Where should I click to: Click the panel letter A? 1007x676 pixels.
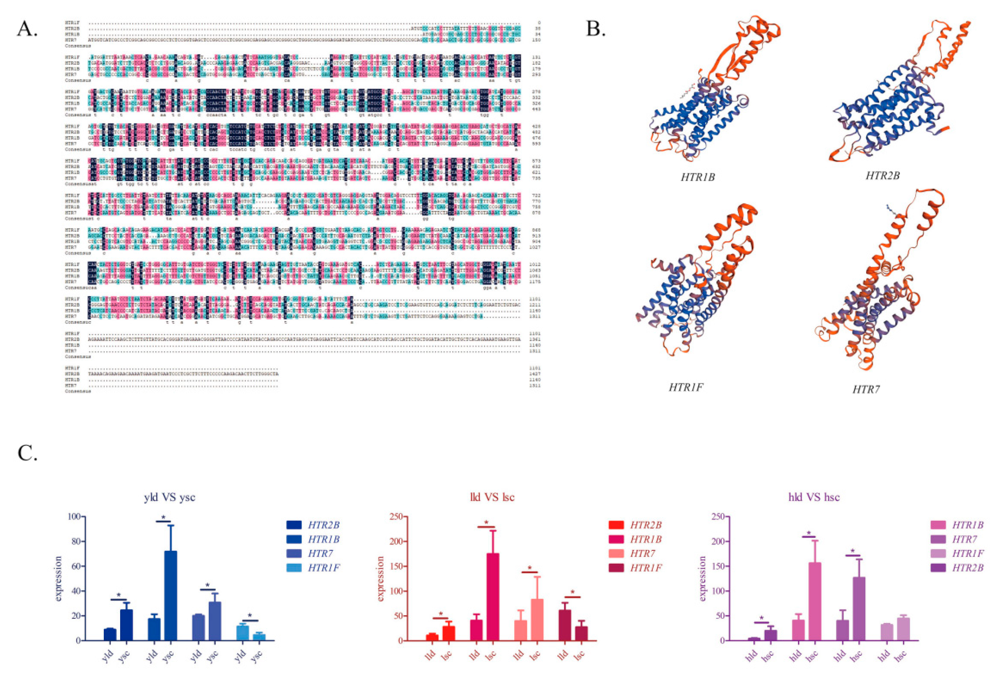point(27,29)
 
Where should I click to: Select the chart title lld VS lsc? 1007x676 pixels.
point(492,497)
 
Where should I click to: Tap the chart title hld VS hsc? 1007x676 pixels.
point(814,497)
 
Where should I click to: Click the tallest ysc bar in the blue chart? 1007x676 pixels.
point(170,595)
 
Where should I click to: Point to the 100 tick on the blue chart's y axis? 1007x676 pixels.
point(74,517)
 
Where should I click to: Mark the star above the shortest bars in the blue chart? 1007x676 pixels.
point(250,615)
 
